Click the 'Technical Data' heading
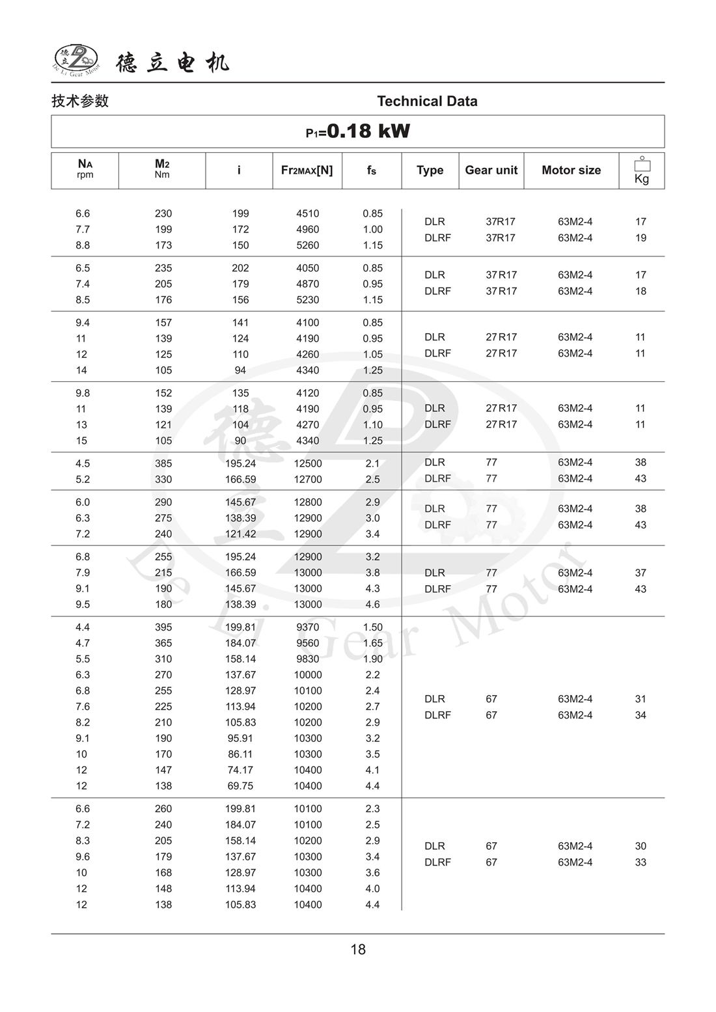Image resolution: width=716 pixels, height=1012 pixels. [427, 101]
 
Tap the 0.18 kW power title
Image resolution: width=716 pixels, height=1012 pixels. [358, 131]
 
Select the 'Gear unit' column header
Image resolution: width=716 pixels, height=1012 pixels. [491, 170]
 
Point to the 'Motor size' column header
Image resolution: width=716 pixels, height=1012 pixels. [571, 170]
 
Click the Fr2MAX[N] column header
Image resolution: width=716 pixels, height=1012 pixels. [307, 170]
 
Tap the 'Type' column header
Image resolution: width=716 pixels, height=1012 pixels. [430, 170]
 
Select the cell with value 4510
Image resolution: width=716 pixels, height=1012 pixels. [307, 213]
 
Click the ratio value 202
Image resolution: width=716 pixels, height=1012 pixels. [240, 268]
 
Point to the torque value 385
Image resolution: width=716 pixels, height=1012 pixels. [163, 463]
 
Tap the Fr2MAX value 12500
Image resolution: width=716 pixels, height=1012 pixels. [307, 463]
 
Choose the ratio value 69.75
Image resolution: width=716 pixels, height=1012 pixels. [240, 786]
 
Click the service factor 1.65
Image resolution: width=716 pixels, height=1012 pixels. [372, 643]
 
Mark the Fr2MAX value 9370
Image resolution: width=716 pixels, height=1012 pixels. [307, 627]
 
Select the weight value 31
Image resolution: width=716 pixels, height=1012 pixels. [640, 699]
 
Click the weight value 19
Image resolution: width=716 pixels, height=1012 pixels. [640, 238]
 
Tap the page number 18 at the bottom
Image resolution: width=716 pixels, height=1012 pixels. [358, 950]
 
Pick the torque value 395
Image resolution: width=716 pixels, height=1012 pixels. [163, 627]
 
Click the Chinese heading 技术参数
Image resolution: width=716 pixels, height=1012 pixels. [80, 101]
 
